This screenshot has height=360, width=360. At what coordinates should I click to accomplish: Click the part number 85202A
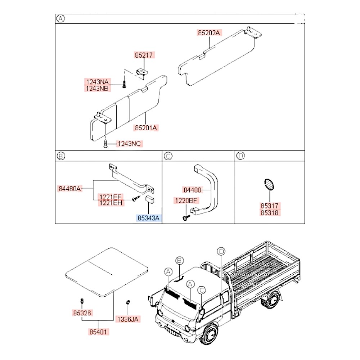[209, 33]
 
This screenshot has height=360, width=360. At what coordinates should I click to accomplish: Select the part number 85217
[144, 55]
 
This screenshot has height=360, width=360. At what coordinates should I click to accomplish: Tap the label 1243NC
[129, 144]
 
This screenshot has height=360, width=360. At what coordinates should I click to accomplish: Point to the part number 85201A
[147, 127]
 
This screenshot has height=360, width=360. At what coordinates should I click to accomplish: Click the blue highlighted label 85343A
[148, 218]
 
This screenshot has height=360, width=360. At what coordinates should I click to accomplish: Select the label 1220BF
[186, 201]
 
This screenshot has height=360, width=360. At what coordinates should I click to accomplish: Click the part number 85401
[99, 331]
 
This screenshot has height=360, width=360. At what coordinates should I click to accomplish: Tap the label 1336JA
[128, 319]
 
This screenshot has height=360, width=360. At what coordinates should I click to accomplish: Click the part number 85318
[270, 212]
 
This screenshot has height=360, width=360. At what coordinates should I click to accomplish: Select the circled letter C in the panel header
[168, 156]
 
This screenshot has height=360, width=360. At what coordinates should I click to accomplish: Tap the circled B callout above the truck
[180, 261]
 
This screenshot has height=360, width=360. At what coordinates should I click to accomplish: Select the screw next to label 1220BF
[186, 217]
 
